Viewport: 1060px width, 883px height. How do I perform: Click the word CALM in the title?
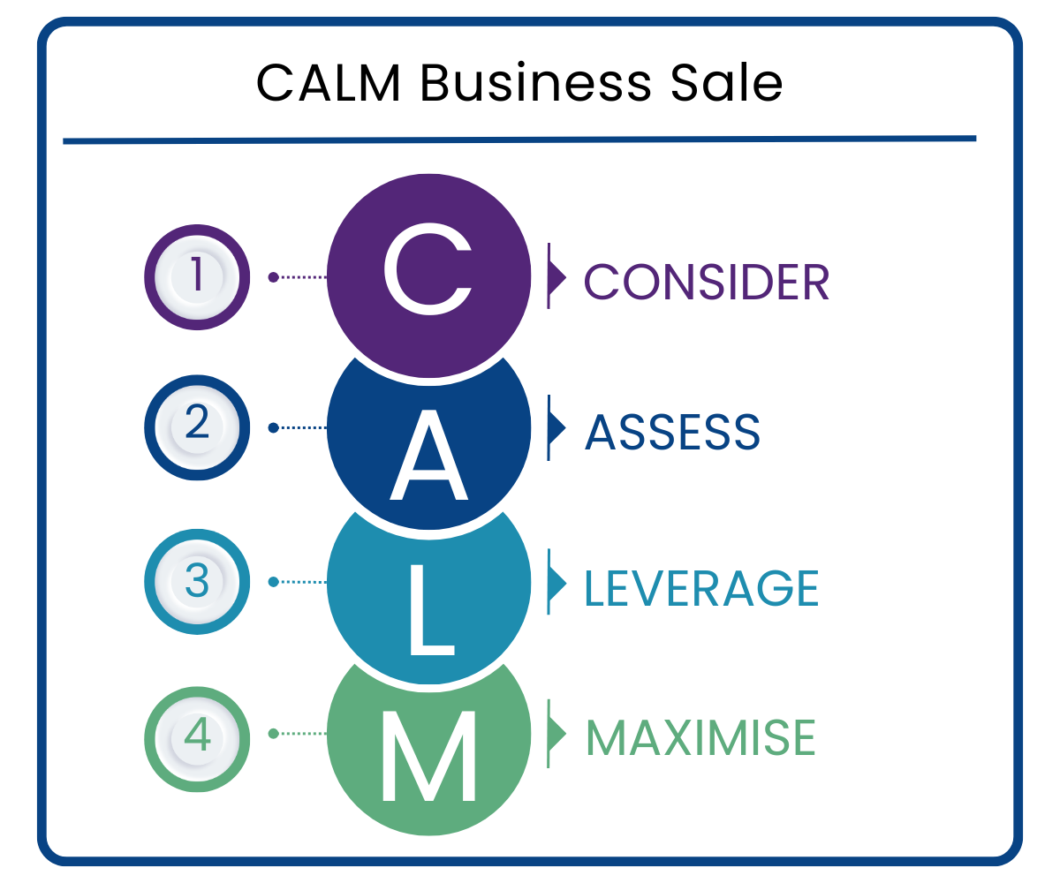click(x=330, y=84)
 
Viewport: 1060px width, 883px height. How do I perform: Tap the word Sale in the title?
click(x=727, y=84)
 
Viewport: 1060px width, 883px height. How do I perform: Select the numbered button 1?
click(x=196, y=277)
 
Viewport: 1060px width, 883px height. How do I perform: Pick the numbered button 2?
click(x=196, y=427)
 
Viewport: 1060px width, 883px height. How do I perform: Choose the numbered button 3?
click(x=196, y=582)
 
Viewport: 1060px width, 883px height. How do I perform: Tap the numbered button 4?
click(x=196, y=733)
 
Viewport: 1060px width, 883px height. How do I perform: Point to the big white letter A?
click(x=428, y=454)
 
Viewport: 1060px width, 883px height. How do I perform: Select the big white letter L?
click(x=431, y=609)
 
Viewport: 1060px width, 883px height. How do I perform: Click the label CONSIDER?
click(x=707, y=283)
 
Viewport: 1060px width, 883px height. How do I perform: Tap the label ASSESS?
click(x=672, y=433)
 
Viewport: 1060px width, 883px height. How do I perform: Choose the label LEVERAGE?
click(x=701, y=588)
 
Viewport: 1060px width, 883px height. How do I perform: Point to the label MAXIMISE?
click(x=700, y=738)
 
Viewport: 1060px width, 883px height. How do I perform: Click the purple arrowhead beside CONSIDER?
click(x=556, y=276)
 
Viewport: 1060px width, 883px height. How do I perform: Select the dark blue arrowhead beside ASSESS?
click(x=556, y=427)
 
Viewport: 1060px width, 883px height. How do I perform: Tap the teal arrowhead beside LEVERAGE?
click(x=556, y=582)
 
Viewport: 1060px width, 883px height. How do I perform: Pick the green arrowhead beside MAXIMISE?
click(x=556, y=733)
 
